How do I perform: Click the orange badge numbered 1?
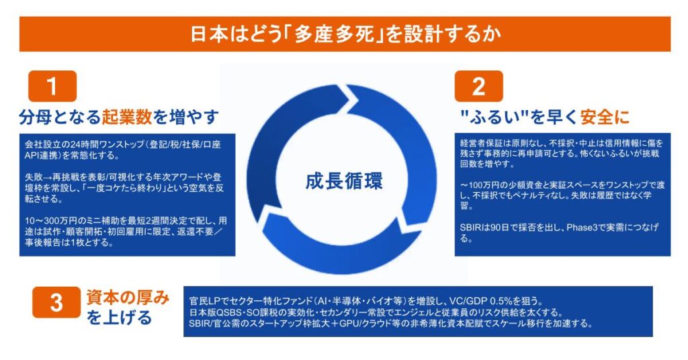pos(52,86)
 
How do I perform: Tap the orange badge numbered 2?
pos(478,86)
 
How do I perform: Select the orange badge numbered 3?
pos(56,302)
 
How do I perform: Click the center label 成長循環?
pos(343,181)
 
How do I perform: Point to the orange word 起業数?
pos(127,117)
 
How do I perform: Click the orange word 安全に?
pos(605,117)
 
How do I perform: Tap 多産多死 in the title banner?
pos(335,34)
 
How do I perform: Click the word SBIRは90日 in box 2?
pos(487,228)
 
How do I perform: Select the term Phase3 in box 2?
pos(582,228)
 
